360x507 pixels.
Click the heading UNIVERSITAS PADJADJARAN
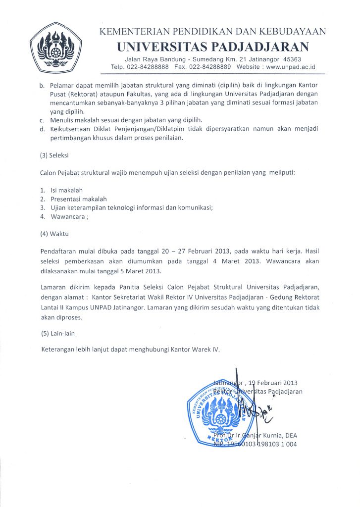click(213, 47)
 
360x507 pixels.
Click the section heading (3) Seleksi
click(55, 155)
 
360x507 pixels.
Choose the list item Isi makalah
click(67, 190)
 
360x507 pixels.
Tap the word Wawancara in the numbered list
click(67, 216)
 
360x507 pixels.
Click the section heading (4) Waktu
click(54, 234)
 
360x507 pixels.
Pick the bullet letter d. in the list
click(43, 129)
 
